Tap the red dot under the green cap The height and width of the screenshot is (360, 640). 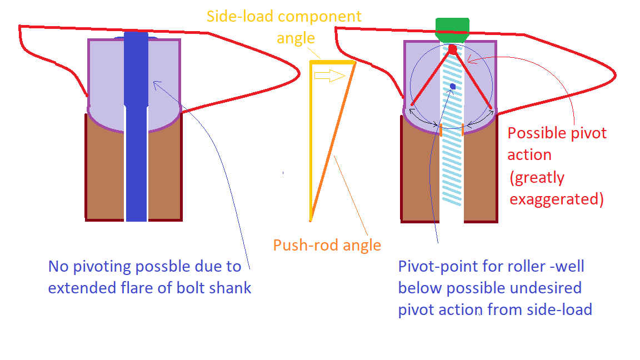coord(453,49)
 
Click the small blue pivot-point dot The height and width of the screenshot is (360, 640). coord(453,86)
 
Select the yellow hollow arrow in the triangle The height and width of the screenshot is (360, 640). coord(329,76)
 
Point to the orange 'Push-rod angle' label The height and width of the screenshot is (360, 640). coord(327,245)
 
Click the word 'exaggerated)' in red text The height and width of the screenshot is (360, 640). coord(556,198)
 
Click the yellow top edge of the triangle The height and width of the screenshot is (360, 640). coord(332,62)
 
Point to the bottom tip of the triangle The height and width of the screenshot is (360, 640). coord(311,220)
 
